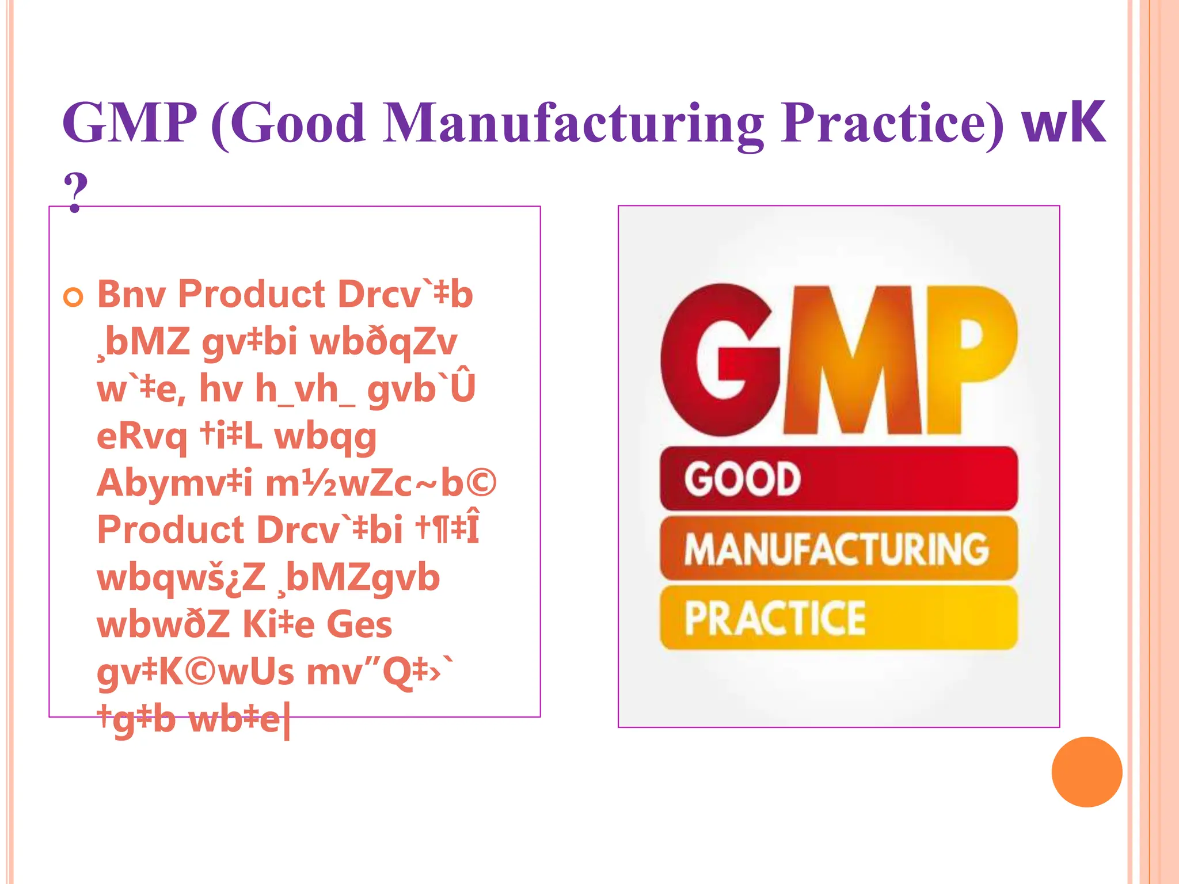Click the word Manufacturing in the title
[573, 124]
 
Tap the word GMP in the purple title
[130, 123]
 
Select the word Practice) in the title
[892, 124]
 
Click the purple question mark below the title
[75, 192]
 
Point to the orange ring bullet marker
[73, 298]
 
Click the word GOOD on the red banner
[742, 479]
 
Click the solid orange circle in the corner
[1086, 772]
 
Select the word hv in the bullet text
[221, 390]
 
